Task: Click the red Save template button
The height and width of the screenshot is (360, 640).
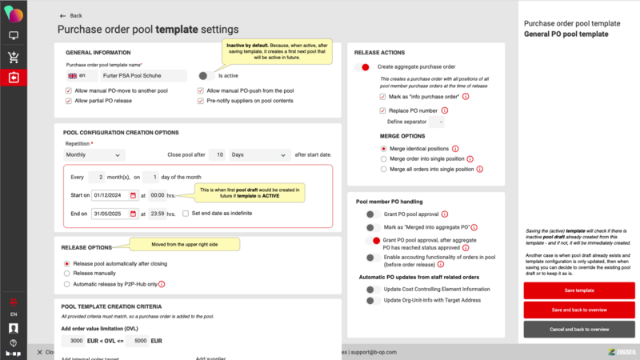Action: point(579,290)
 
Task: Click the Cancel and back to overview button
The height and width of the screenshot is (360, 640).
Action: point(579,329)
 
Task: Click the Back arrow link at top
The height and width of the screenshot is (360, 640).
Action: point(71,15)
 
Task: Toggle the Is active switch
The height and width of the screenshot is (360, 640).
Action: point(206,75)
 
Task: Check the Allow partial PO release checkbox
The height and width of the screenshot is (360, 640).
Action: point(68,102)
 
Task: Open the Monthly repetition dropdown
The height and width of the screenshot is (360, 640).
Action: point(94,154)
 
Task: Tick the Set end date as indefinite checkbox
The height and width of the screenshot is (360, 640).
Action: point(186,214)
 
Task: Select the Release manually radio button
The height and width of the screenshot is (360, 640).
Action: point(67,273)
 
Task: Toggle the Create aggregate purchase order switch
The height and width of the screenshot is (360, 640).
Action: point(363,67)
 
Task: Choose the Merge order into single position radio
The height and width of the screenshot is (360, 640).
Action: point(383,159)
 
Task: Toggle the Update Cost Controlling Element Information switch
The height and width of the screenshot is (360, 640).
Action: point(371,288)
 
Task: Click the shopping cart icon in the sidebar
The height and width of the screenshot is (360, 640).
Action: point(14,57)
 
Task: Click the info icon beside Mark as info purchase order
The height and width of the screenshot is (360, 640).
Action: point(466,96)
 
